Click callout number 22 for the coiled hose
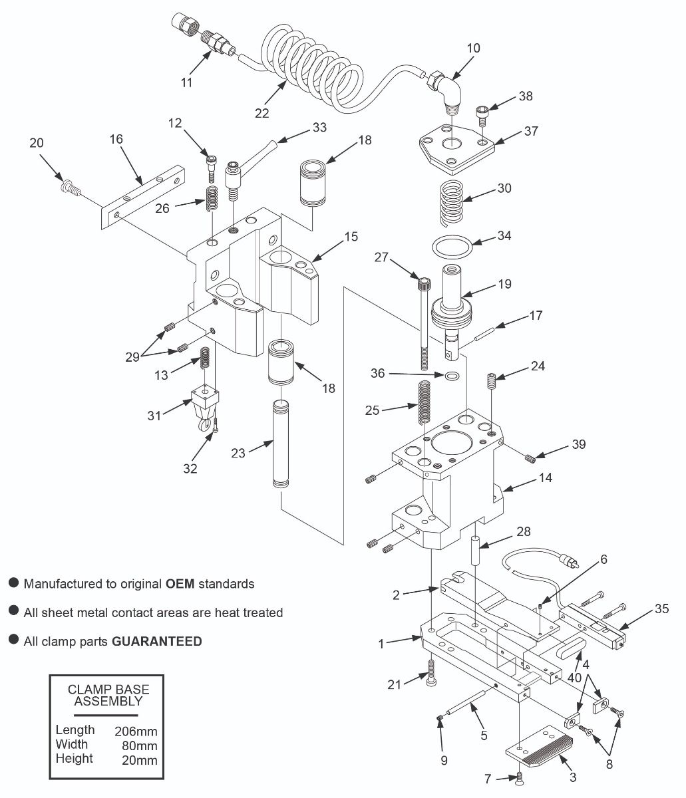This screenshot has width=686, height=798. (x=261, y=112)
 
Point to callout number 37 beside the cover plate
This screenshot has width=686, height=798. (x=530, y=131)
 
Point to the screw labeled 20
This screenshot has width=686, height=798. (x=69, y=189)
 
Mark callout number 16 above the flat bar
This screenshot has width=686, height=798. (x=116, y=139)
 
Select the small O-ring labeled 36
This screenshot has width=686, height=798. (x=452, y=376)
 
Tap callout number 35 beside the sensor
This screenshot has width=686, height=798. (x=661, y=608)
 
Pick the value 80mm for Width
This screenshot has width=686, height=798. (x=140, y=745)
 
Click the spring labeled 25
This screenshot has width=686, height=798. (x=423, y=402)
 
